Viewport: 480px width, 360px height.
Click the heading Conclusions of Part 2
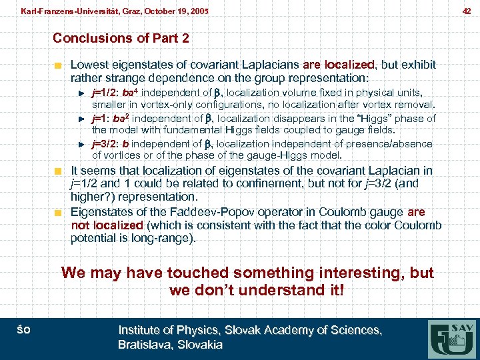tap(121, 38)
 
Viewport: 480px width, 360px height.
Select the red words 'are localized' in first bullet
tap(339, 65)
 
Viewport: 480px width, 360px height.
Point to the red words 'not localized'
tap(107, 225)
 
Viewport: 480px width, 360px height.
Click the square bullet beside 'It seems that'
tap(59, 171)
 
